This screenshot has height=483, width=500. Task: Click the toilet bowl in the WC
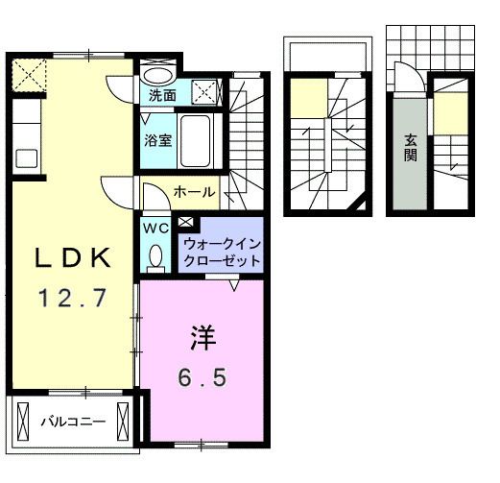(x=155, y=254)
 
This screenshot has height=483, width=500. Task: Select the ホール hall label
(x=193, y=193)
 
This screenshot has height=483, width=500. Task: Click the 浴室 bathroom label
(x=158, y=140)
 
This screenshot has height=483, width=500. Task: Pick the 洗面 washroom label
(x=162, y=95)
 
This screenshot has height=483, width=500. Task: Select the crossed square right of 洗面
(x=204, y=93)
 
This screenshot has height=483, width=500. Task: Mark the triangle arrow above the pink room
(x=235, y=285)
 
